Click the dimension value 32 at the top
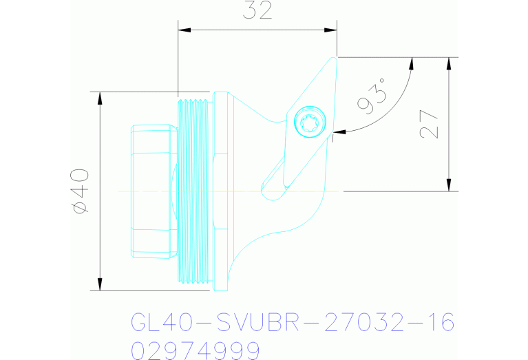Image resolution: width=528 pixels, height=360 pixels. pyautogui.click(x=257, y=10)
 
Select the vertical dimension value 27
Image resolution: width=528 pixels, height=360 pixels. pyautogui.click(x=428, y=124)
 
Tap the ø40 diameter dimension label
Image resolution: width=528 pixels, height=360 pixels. pyautogui.click(x=80, y=191)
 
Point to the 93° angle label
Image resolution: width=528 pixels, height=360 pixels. pyautogui.click(x=372, y=98)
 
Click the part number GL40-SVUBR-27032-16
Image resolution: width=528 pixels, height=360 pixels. pyautogui.click(x=292, y=322)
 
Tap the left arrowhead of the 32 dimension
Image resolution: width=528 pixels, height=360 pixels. pyautogui.click(x=184, y=30)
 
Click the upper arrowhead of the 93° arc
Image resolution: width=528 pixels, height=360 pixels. pyautogui.click(x=412, y=63)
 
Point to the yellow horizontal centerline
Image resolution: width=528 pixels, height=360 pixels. pyautogui.click(x=227, y=191)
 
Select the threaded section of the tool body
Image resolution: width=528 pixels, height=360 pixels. pyautogui.click(x=192, y=191)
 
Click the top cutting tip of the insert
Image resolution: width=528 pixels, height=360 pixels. pyautogui.click(x=335, y=59)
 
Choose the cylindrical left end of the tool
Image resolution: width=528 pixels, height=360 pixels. pyautogui.click(x=150, y=191)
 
